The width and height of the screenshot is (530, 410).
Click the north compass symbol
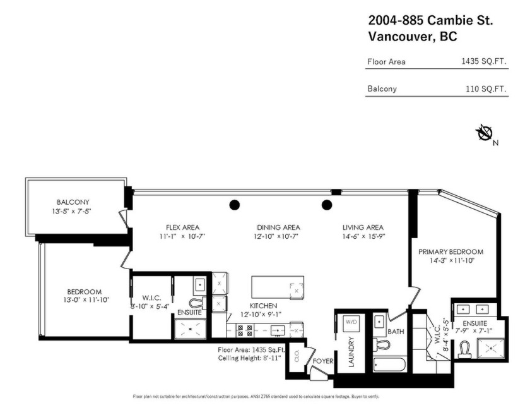tap(485, 133)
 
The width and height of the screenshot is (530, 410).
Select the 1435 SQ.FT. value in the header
tap(484, 62)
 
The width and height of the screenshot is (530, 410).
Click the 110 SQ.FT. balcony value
tap(486, 89)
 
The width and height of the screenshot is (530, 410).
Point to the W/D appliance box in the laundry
tap(351, 322)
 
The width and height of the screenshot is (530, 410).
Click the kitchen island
tap(278, 287)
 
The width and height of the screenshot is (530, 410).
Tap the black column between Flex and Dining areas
tap(235, 204)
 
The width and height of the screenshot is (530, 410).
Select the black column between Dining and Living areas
tap(327, 204)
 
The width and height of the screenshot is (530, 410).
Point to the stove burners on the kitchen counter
tap(245, 330)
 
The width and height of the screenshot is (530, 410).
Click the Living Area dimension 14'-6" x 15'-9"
tap(363, 236)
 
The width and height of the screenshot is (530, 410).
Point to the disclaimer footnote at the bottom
tap(256, 397)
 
